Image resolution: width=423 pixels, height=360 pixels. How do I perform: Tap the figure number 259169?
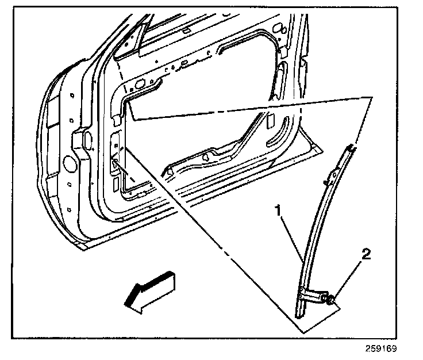[x=381, y=348]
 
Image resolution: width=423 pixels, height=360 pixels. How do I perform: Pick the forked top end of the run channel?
[x=349, y=150]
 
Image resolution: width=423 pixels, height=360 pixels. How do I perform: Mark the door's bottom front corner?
[x=83, y=246]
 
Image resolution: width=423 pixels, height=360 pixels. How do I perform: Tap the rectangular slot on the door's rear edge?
[x=282, y=75]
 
